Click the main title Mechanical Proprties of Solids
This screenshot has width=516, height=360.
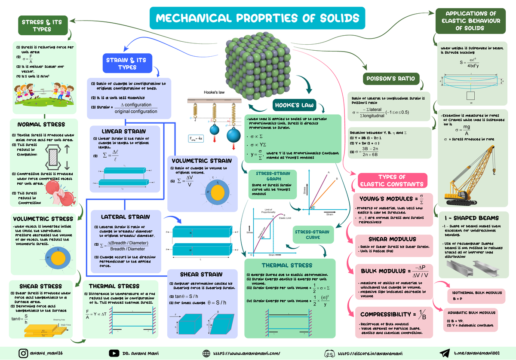[257, 18]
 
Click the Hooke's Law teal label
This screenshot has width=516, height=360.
[294, 106]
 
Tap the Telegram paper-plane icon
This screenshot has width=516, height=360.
[444, 353]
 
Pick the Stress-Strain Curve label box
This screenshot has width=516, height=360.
[313, 235]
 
